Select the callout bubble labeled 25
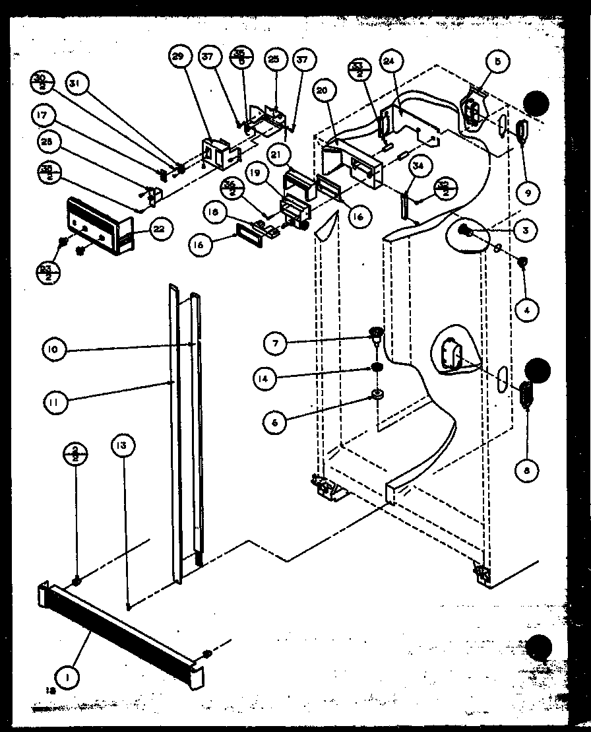pos(272,59)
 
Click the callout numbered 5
pos(497,61)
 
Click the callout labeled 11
pos(57,402)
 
